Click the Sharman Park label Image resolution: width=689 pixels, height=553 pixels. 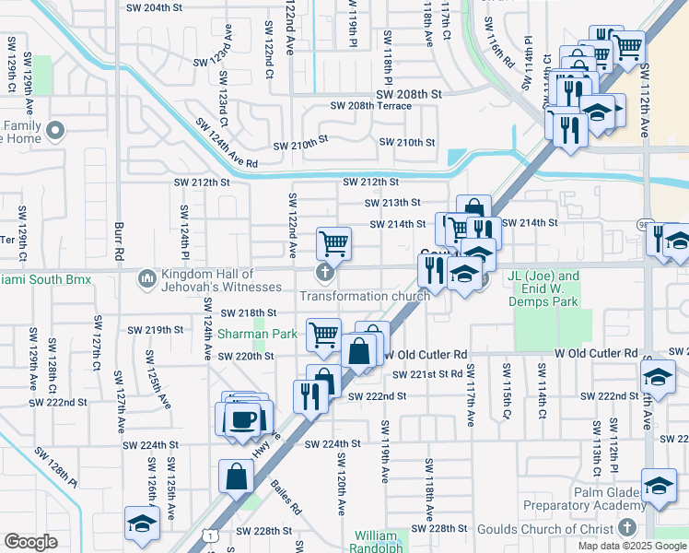251,334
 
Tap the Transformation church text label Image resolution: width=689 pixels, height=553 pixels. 365,296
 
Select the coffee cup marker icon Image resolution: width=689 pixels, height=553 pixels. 243,418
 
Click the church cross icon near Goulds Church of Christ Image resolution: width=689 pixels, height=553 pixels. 627,527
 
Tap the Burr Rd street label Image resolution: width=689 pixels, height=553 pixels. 119,241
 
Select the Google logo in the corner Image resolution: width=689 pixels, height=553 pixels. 30,542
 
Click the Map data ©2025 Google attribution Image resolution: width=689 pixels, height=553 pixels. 633,547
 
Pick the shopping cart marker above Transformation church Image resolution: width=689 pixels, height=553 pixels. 333,243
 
